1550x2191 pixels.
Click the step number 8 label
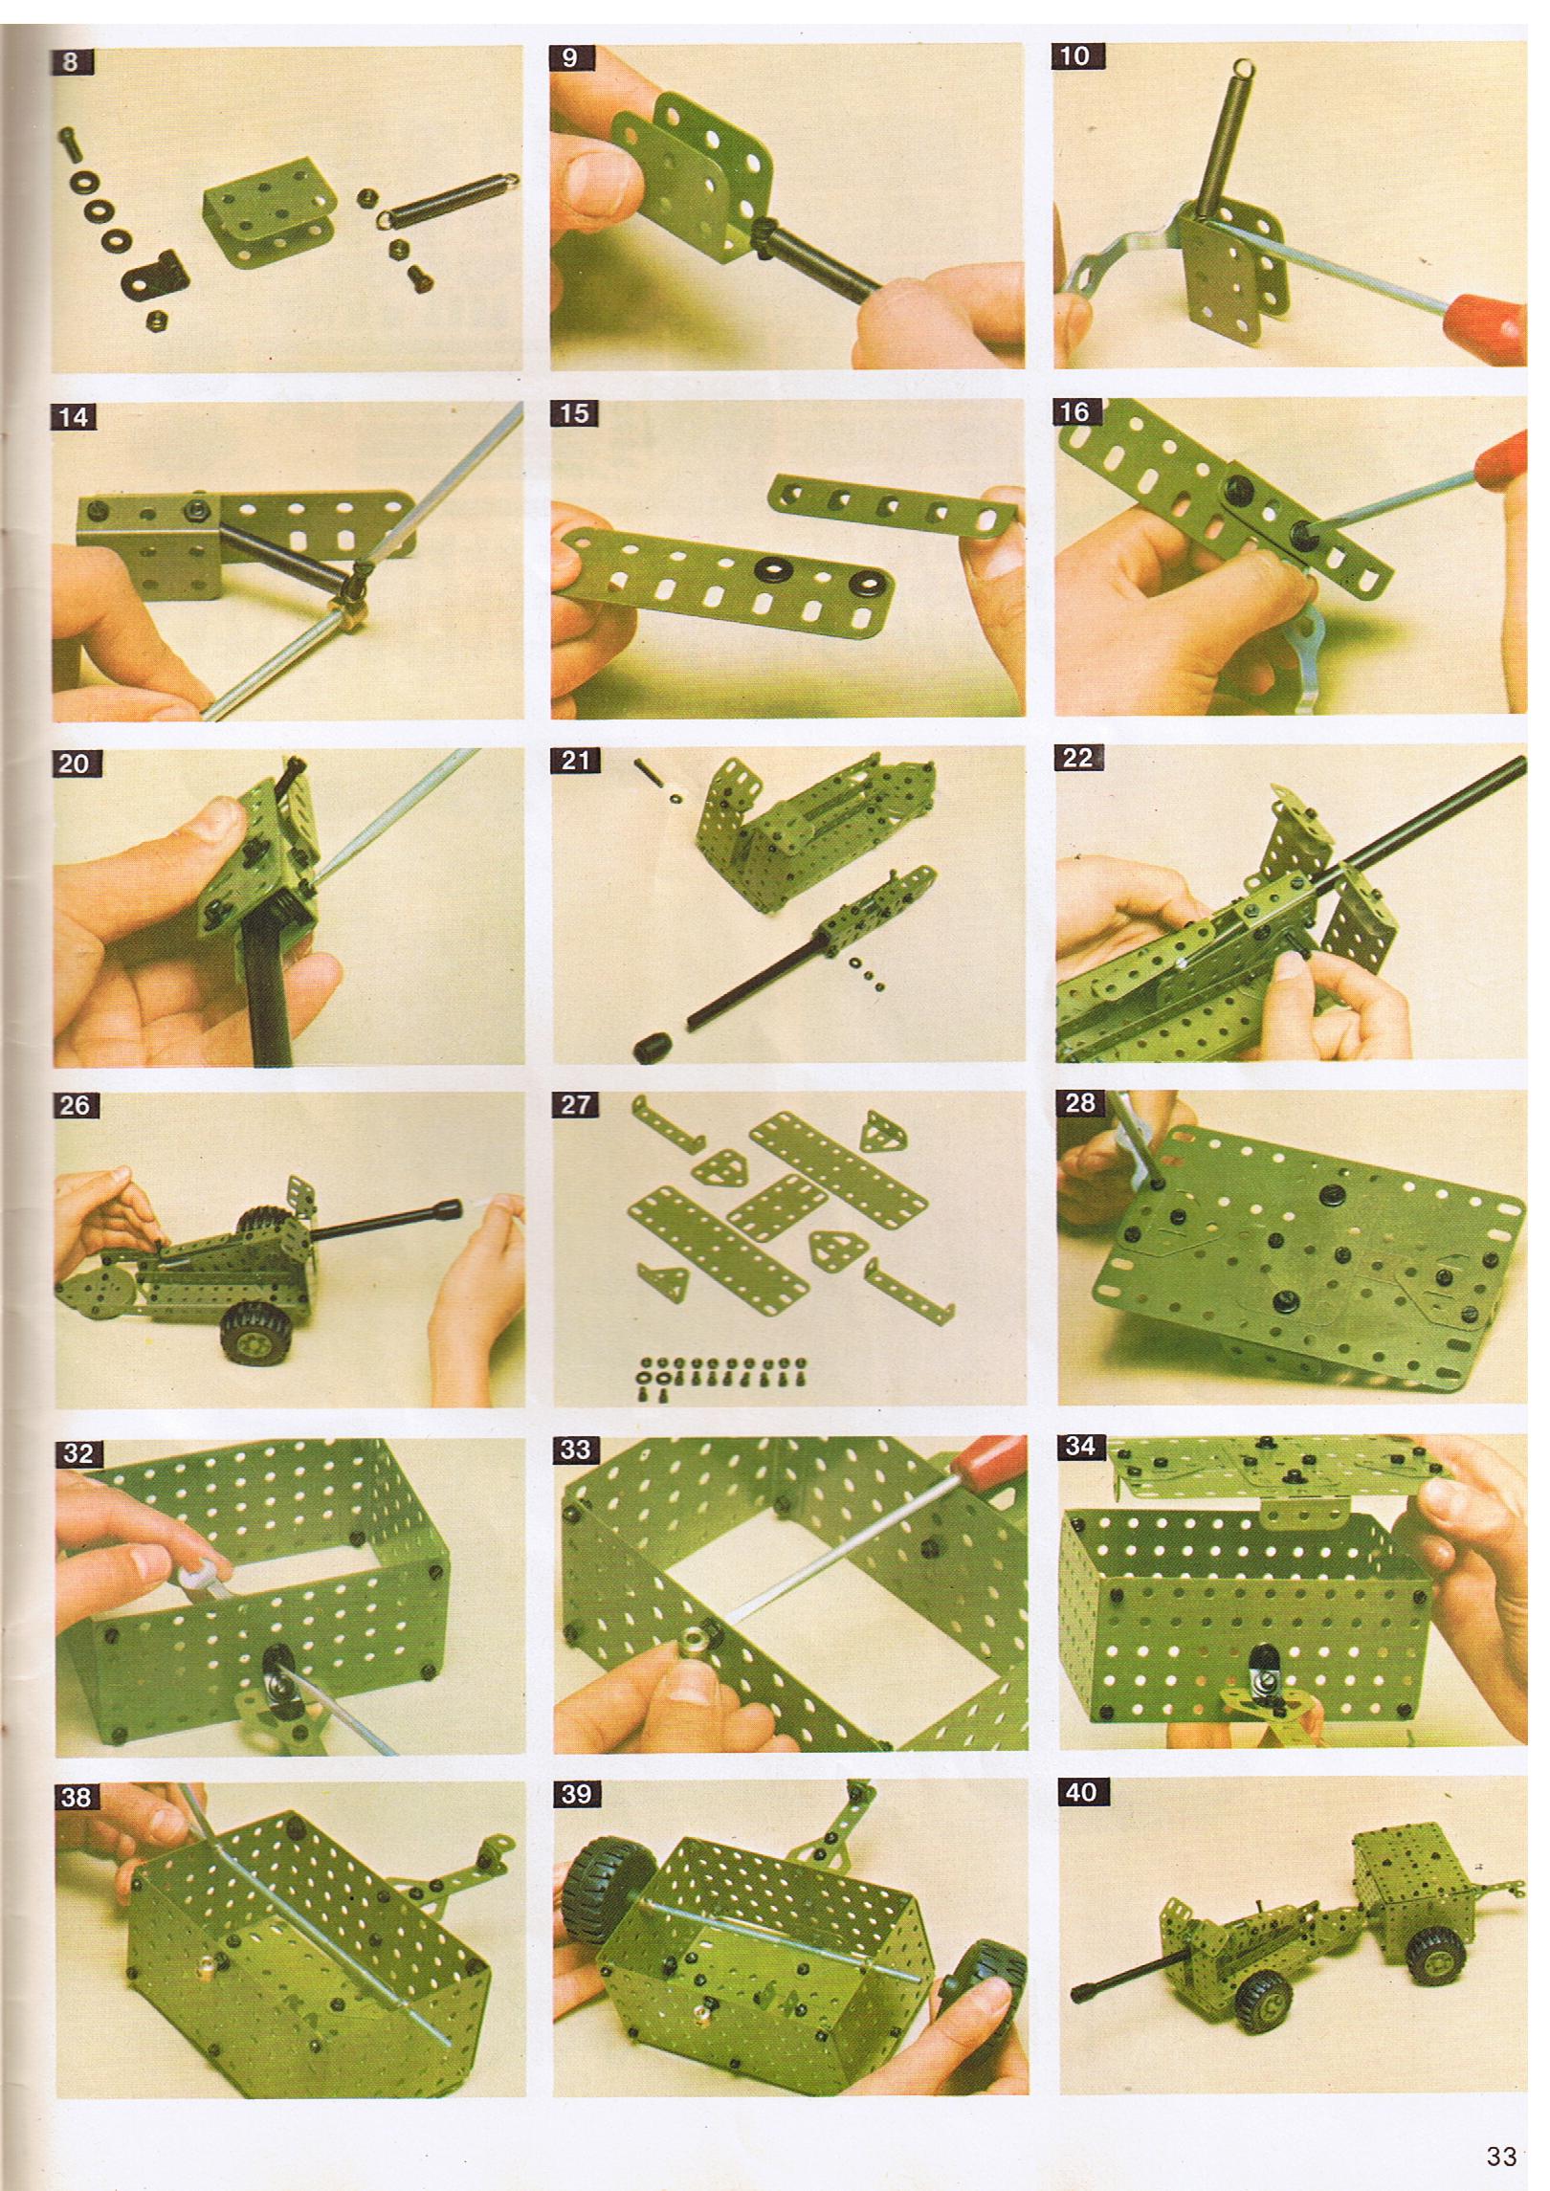73,64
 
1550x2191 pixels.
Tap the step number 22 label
1077,758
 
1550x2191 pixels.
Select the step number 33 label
575,1450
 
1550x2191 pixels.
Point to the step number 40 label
1080,1792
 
